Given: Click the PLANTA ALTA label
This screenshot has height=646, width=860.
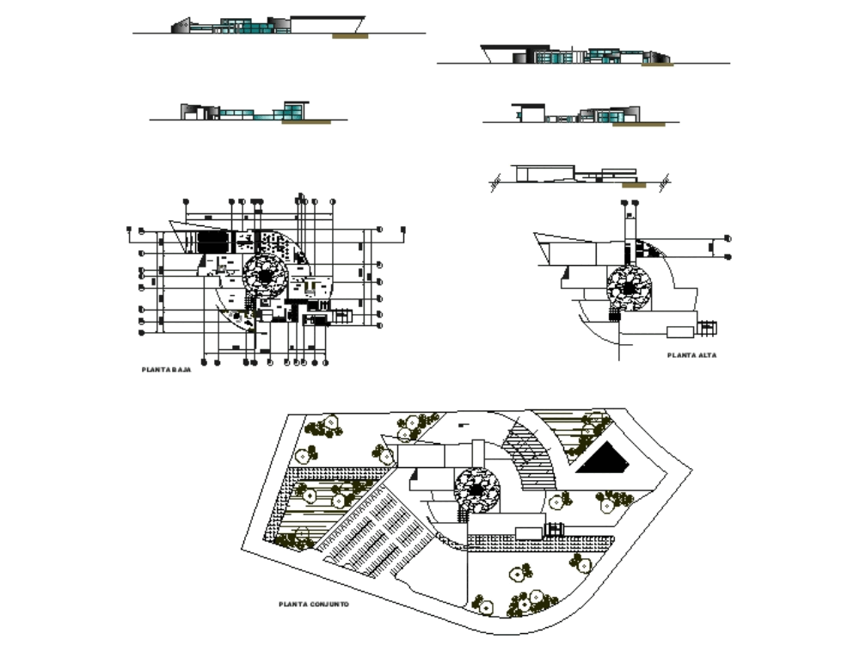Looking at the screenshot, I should (691, 354).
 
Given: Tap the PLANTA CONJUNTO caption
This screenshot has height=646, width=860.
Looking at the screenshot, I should (313, 605).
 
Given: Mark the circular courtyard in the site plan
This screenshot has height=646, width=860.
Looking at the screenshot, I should (476, 489).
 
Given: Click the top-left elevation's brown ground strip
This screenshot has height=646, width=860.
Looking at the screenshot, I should (351, 36).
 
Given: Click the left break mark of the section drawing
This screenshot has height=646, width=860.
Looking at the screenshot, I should (496, 182).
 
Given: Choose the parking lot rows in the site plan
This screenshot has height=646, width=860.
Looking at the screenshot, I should (370, 538).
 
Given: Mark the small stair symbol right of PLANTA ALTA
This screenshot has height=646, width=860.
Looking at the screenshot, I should (707, 328).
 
